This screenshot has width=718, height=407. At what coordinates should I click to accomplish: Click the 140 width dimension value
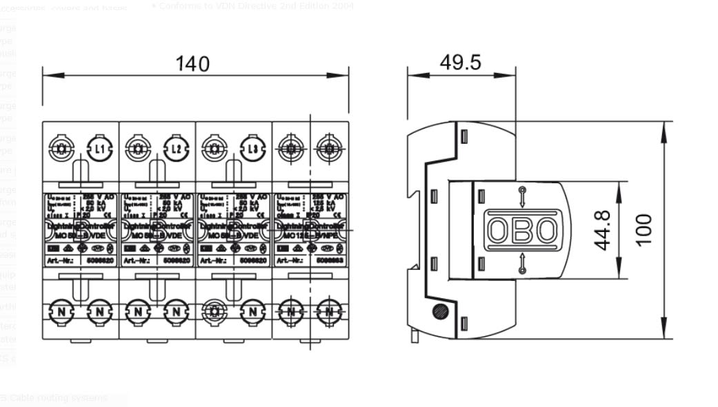(x=192, y=63)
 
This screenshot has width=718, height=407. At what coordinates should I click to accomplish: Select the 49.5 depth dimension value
(x=461, y=62)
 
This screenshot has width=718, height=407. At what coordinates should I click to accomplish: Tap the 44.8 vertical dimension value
(x=601, y=230)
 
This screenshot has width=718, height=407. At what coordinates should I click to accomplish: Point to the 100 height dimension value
(x=643, y=230)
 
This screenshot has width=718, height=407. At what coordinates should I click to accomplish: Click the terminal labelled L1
(x=99, y=148)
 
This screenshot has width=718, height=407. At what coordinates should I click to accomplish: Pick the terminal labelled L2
(x=176, y=148)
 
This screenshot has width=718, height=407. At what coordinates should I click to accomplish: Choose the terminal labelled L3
(x=252, y=148)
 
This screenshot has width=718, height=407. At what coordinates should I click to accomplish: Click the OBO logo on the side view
(x=521, y=231)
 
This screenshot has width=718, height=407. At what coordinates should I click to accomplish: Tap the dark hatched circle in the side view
(x=440, y=311)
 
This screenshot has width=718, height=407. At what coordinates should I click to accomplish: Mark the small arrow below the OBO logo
(x=522, y=264)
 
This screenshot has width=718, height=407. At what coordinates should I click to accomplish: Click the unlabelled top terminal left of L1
(x=61, y=148)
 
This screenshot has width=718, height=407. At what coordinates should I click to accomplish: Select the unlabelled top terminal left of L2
(x=138, y=148)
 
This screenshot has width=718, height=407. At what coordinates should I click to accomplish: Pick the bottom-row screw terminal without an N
(x=215, y=311)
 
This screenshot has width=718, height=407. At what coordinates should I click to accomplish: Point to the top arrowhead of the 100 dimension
(x=664, y=128)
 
